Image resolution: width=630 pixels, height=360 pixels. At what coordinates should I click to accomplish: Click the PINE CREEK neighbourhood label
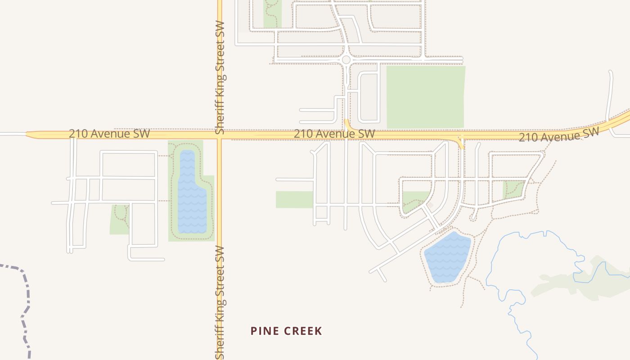tap(286, 331)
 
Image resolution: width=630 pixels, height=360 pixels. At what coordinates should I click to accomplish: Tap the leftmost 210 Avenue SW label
tap(109, 134)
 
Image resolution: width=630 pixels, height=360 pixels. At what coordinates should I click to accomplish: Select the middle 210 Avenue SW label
tap(334, 134)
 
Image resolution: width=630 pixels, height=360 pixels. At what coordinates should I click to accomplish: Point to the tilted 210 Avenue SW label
tap(558, 134)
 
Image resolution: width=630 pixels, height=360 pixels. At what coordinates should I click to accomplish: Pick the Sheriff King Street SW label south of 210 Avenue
tap(220, 302)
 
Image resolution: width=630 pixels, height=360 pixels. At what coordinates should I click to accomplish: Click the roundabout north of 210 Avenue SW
tap(346, 59)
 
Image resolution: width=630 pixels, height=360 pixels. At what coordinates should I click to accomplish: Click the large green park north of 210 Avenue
tap(425, 97)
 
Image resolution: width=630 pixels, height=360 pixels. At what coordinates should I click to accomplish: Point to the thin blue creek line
tap(517, 310)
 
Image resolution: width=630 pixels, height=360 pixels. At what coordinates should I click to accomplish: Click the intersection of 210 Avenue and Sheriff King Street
tap(220, 135)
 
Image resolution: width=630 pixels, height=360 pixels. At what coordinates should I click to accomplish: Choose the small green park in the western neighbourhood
tap(119, 220)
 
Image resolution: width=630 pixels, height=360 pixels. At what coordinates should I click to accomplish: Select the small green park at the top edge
tap(272, 16)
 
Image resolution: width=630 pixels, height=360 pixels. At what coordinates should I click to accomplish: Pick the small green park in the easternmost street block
tap(513, 189)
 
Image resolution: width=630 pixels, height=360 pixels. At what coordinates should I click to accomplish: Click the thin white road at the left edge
tap(13, 134)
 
